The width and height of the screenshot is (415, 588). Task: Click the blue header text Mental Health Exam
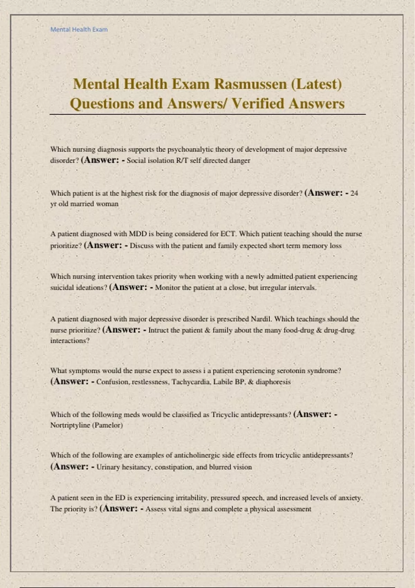(79, 29)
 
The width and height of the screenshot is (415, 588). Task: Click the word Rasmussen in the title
(250, 84)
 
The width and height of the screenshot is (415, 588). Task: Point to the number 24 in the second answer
(354, 193)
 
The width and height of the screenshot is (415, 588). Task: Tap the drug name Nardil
(261, 319)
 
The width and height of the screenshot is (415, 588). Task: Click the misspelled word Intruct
(158, 330)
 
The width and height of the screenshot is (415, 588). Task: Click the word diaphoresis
(273, 382)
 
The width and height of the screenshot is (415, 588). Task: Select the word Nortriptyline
(70, 425)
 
